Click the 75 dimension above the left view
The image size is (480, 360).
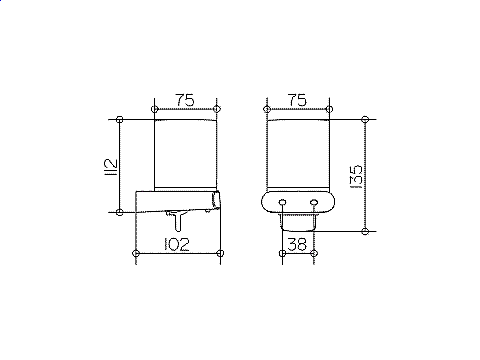click(185, 100)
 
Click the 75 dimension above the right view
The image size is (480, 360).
click(297, 100)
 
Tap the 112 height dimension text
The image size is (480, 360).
click(111, 167)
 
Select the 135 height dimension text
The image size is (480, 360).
click(357, 177)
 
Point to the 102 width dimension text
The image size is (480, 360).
click(177, 244)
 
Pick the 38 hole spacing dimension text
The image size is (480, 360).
click(297, 244)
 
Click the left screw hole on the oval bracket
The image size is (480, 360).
click(282, 202)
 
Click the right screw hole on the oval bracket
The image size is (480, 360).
click(314, 202)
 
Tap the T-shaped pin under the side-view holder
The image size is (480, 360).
click(177, 220)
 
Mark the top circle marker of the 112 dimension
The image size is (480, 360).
click(120, 119)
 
